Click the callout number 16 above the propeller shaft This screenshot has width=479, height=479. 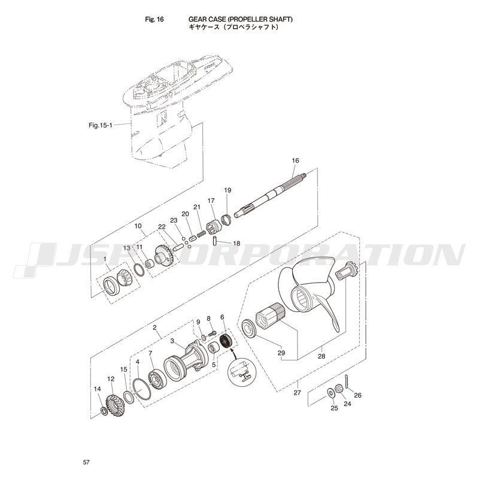point(295,160)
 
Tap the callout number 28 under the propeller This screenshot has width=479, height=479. point(322,356)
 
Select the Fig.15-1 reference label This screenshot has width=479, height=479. point(101,125)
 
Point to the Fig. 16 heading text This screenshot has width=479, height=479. point(154,19)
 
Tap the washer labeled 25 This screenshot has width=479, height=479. point(331,393)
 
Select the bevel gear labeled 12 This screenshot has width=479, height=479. point(115,406)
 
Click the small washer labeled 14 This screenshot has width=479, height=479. point(104,411)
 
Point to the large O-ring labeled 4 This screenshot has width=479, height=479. point(142,389)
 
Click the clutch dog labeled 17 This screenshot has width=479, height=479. point(214,228)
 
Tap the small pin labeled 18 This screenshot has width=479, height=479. point(214,241)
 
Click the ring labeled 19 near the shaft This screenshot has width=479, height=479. point(228,220)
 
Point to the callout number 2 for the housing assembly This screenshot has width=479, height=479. point(155,327)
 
